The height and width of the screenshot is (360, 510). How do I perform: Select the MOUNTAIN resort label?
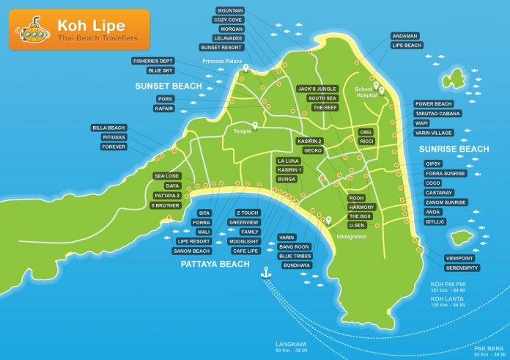[230, 11]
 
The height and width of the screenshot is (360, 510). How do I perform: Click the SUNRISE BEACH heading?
[454, 149]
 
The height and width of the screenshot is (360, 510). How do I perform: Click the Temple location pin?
[255, 125]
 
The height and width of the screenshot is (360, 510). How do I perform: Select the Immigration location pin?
[329, 219]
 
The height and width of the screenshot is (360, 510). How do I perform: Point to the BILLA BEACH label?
[109, 128]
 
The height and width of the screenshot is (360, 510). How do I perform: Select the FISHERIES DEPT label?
[154, 61]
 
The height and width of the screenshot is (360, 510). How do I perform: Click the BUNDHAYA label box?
[295, 265]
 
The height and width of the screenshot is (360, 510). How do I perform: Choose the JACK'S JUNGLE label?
[317, 89]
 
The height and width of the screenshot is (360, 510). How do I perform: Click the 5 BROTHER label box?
[166, 205]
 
